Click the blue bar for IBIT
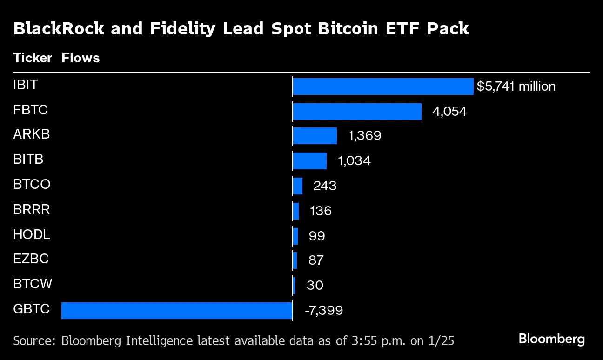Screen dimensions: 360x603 click(x=383, y=87)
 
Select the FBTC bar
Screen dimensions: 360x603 click(x=357, y=112)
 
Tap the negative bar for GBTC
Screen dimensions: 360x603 click(x=177, y=311)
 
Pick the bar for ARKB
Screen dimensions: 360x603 click(x=315, y=136)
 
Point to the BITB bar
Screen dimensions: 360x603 click(x=309, y=161)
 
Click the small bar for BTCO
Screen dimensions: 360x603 click(x=298, y=186)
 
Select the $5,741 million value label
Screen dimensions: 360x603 click(x=516, y=87)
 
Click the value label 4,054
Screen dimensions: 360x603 click(x=449, y=112)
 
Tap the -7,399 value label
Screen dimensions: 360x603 click(x=323, y=310)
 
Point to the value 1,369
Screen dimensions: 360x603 click(x=364, y=136)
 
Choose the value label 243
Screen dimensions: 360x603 click(x=324, y=186)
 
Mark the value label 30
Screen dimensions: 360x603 click(x=315, y=285)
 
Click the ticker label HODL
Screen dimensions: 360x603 click(x=32, y=234)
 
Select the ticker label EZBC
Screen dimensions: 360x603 click(x=31, y=259)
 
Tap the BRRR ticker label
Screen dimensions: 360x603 click(x=32, y=209)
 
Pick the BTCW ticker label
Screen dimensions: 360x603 click(x=33, y=284)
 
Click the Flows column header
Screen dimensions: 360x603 click(x=80, y=58)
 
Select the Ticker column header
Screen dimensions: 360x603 click(x=33, y=58)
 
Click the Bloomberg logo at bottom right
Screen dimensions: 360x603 click(x=551, y=339)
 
